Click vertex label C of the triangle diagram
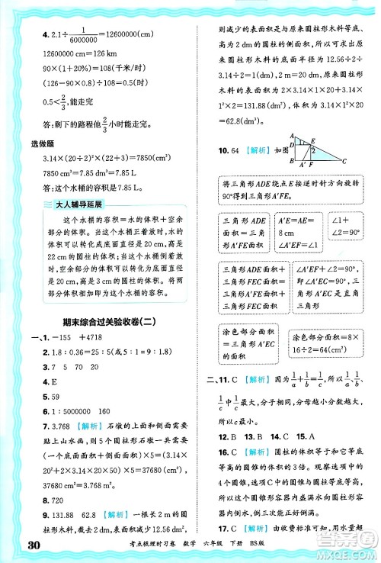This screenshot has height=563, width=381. point(346,161)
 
